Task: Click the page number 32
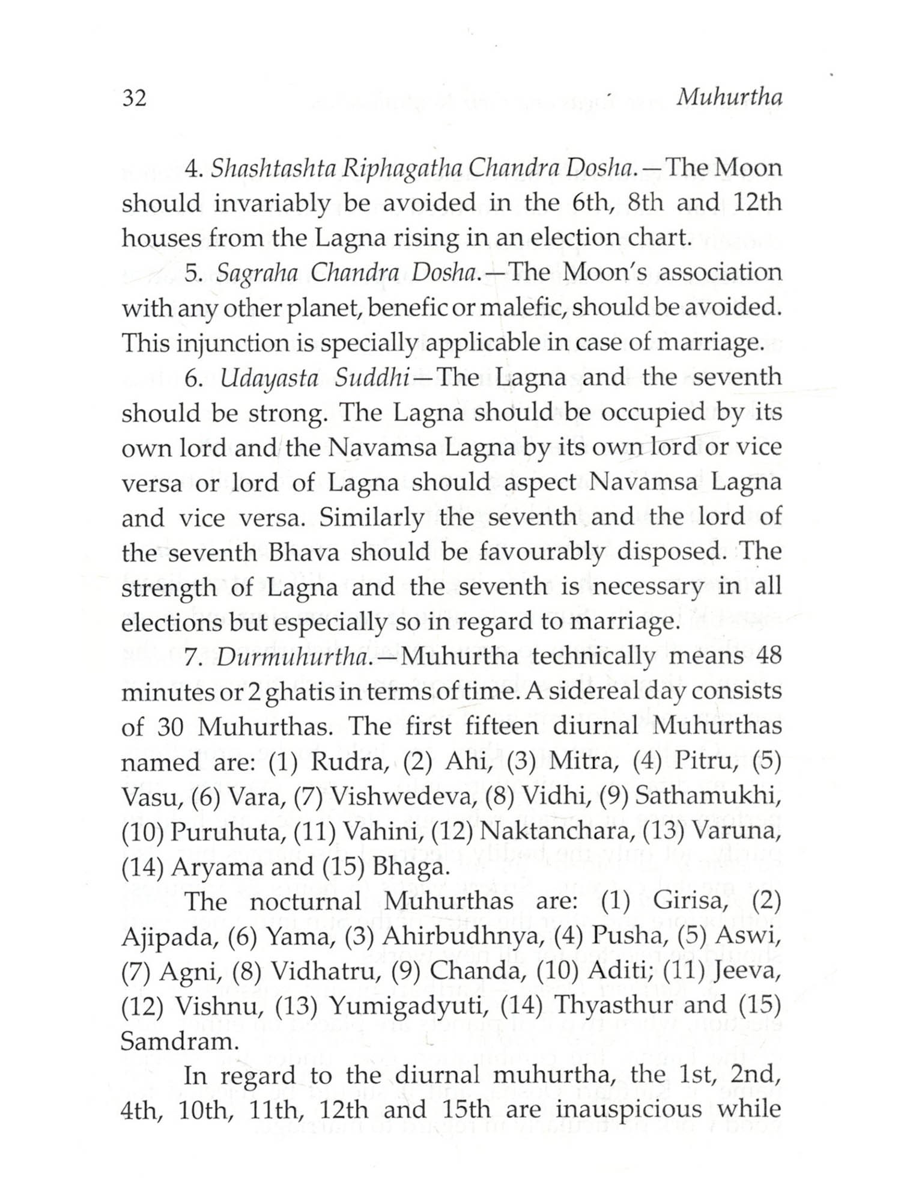point(134,97)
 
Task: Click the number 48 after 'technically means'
point(768,656)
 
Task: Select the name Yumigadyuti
point(411,1007)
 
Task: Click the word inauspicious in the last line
point(628,1111)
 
